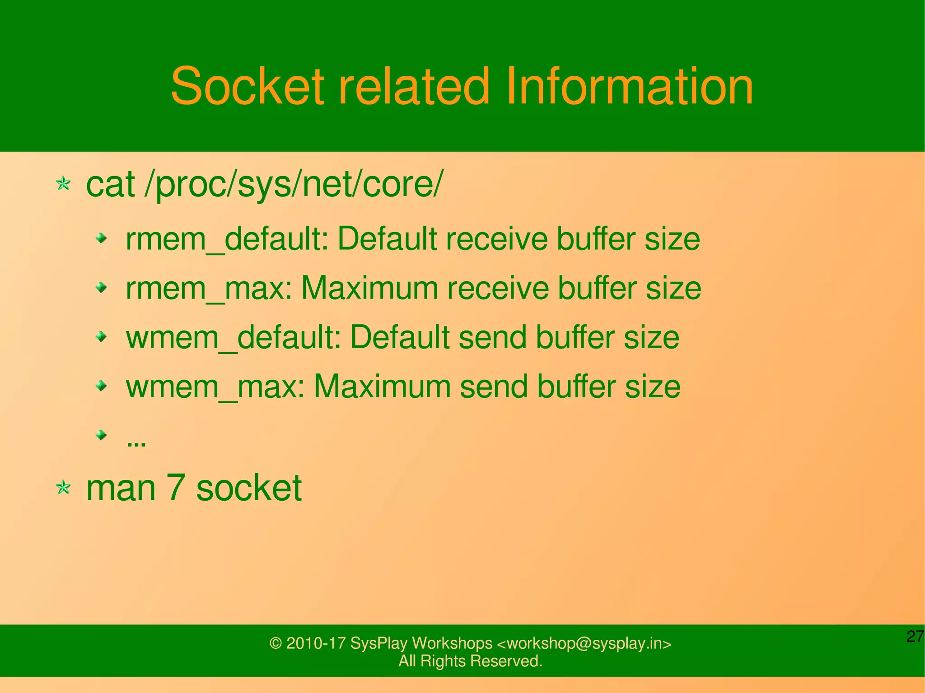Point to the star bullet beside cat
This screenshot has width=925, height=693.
tap(63, 184)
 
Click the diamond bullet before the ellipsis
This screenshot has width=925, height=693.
tap(102, 435)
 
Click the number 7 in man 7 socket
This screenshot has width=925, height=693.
tap(176, 488)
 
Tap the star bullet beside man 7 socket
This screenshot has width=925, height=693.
tap(63, 488)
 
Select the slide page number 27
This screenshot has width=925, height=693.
tap(915, 637)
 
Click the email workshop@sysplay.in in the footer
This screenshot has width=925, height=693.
tap(584, 643)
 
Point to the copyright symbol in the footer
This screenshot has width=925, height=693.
tap(276, 643)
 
